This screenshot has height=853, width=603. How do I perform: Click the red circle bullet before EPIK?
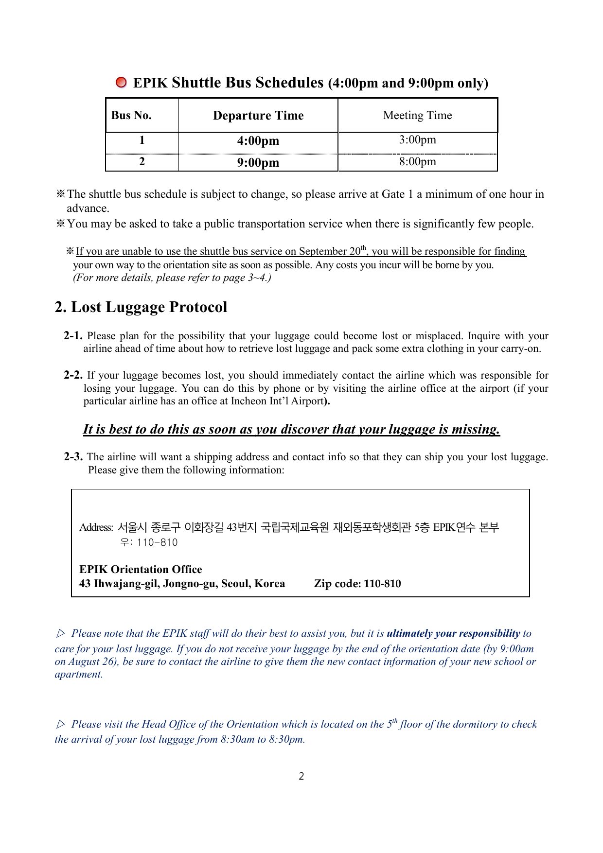coord(121,83)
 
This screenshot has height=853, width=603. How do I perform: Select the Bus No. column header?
coord(131,116)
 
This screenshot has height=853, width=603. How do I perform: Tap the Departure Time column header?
coord(258,116)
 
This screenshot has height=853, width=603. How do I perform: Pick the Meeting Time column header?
coord(417,116)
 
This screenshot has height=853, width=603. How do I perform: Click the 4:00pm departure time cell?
coord(258,141)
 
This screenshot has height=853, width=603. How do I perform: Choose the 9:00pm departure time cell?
coord(258,162)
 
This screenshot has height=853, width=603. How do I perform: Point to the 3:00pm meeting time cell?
coord(417,140)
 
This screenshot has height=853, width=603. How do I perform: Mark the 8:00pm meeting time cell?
coord(417,161)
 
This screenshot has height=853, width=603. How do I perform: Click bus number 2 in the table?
coord(142,162)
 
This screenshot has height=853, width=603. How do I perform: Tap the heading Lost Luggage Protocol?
coord(141,307)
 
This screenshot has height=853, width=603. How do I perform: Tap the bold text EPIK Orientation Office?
coord(141,569)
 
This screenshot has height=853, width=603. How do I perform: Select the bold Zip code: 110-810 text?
coord(357,584)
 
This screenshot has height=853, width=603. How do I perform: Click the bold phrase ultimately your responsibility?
coord(453,633)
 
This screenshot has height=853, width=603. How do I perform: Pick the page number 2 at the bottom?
coord(301,776)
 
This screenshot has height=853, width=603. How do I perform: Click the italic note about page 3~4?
coord(172,278)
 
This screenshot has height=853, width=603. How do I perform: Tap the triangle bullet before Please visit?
coord(61,724)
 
